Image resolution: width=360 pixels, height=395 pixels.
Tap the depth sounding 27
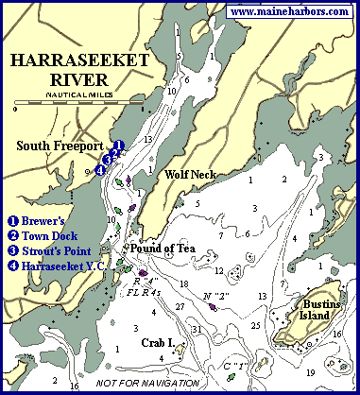pyautogui.click(x=179, y=307)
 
